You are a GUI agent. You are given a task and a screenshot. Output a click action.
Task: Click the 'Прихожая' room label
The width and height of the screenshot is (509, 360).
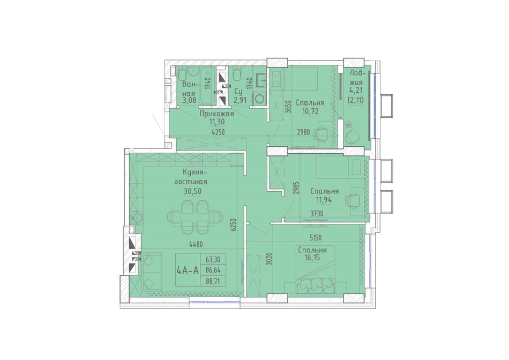click(x=216, y=114)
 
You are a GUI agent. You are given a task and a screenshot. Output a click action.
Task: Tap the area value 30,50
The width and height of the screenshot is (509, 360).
click(x=192, y=192)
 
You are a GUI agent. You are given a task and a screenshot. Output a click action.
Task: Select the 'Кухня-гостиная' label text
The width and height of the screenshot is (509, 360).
click(x=191, y=177)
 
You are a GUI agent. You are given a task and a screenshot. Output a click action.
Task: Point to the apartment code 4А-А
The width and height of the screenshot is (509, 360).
click(x=187, y=270)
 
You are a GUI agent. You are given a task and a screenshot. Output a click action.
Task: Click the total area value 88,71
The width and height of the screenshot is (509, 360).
click(x=213, y=281)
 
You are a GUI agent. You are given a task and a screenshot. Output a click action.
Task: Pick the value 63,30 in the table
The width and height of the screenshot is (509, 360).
click(x=213, y=259)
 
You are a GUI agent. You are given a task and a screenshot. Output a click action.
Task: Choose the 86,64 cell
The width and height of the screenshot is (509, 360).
click(x=213, y=270)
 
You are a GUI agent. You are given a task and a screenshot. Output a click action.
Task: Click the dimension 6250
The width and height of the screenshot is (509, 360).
click(x=233, y=224)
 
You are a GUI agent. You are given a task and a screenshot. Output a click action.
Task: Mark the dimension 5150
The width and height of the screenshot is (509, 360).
click(x=315, y=238)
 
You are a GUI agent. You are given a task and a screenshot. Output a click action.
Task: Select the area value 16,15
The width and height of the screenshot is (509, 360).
click(x=312, y=258)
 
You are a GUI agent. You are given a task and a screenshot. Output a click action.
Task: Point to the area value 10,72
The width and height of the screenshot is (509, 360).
click(x=310, y=111)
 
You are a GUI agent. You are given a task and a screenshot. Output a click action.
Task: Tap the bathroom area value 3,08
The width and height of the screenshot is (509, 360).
click(x=190, y=100)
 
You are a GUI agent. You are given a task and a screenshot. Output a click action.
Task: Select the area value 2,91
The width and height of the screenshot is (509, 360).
click(x=239, y=100)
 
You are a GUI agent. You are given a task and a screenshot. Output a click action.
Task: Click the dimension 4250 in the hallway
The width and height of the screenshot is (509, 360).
click(x=218, y=132)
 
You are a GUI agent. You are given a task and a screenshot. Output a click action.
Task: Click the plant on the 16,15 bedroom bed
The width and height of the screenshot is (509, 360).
click(x=313, y=284)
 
